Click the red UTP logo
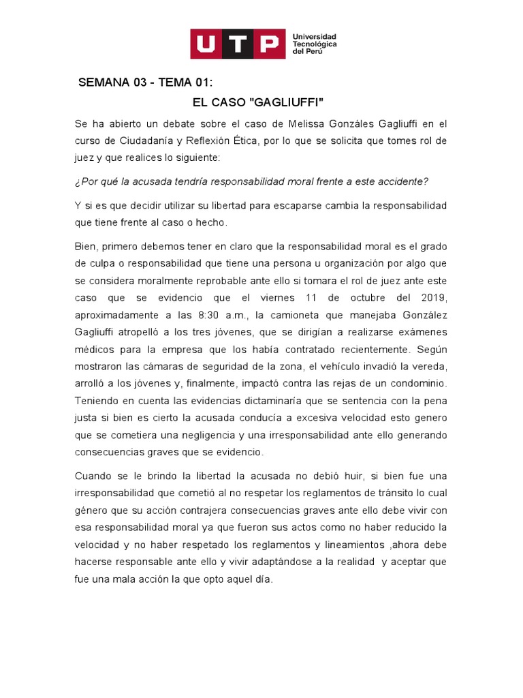(237, 44)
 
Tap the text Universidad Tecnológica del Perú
(314, 44)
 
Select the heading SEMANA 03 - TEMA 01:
(146, 83)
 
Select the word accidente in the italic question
(402, 181)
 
